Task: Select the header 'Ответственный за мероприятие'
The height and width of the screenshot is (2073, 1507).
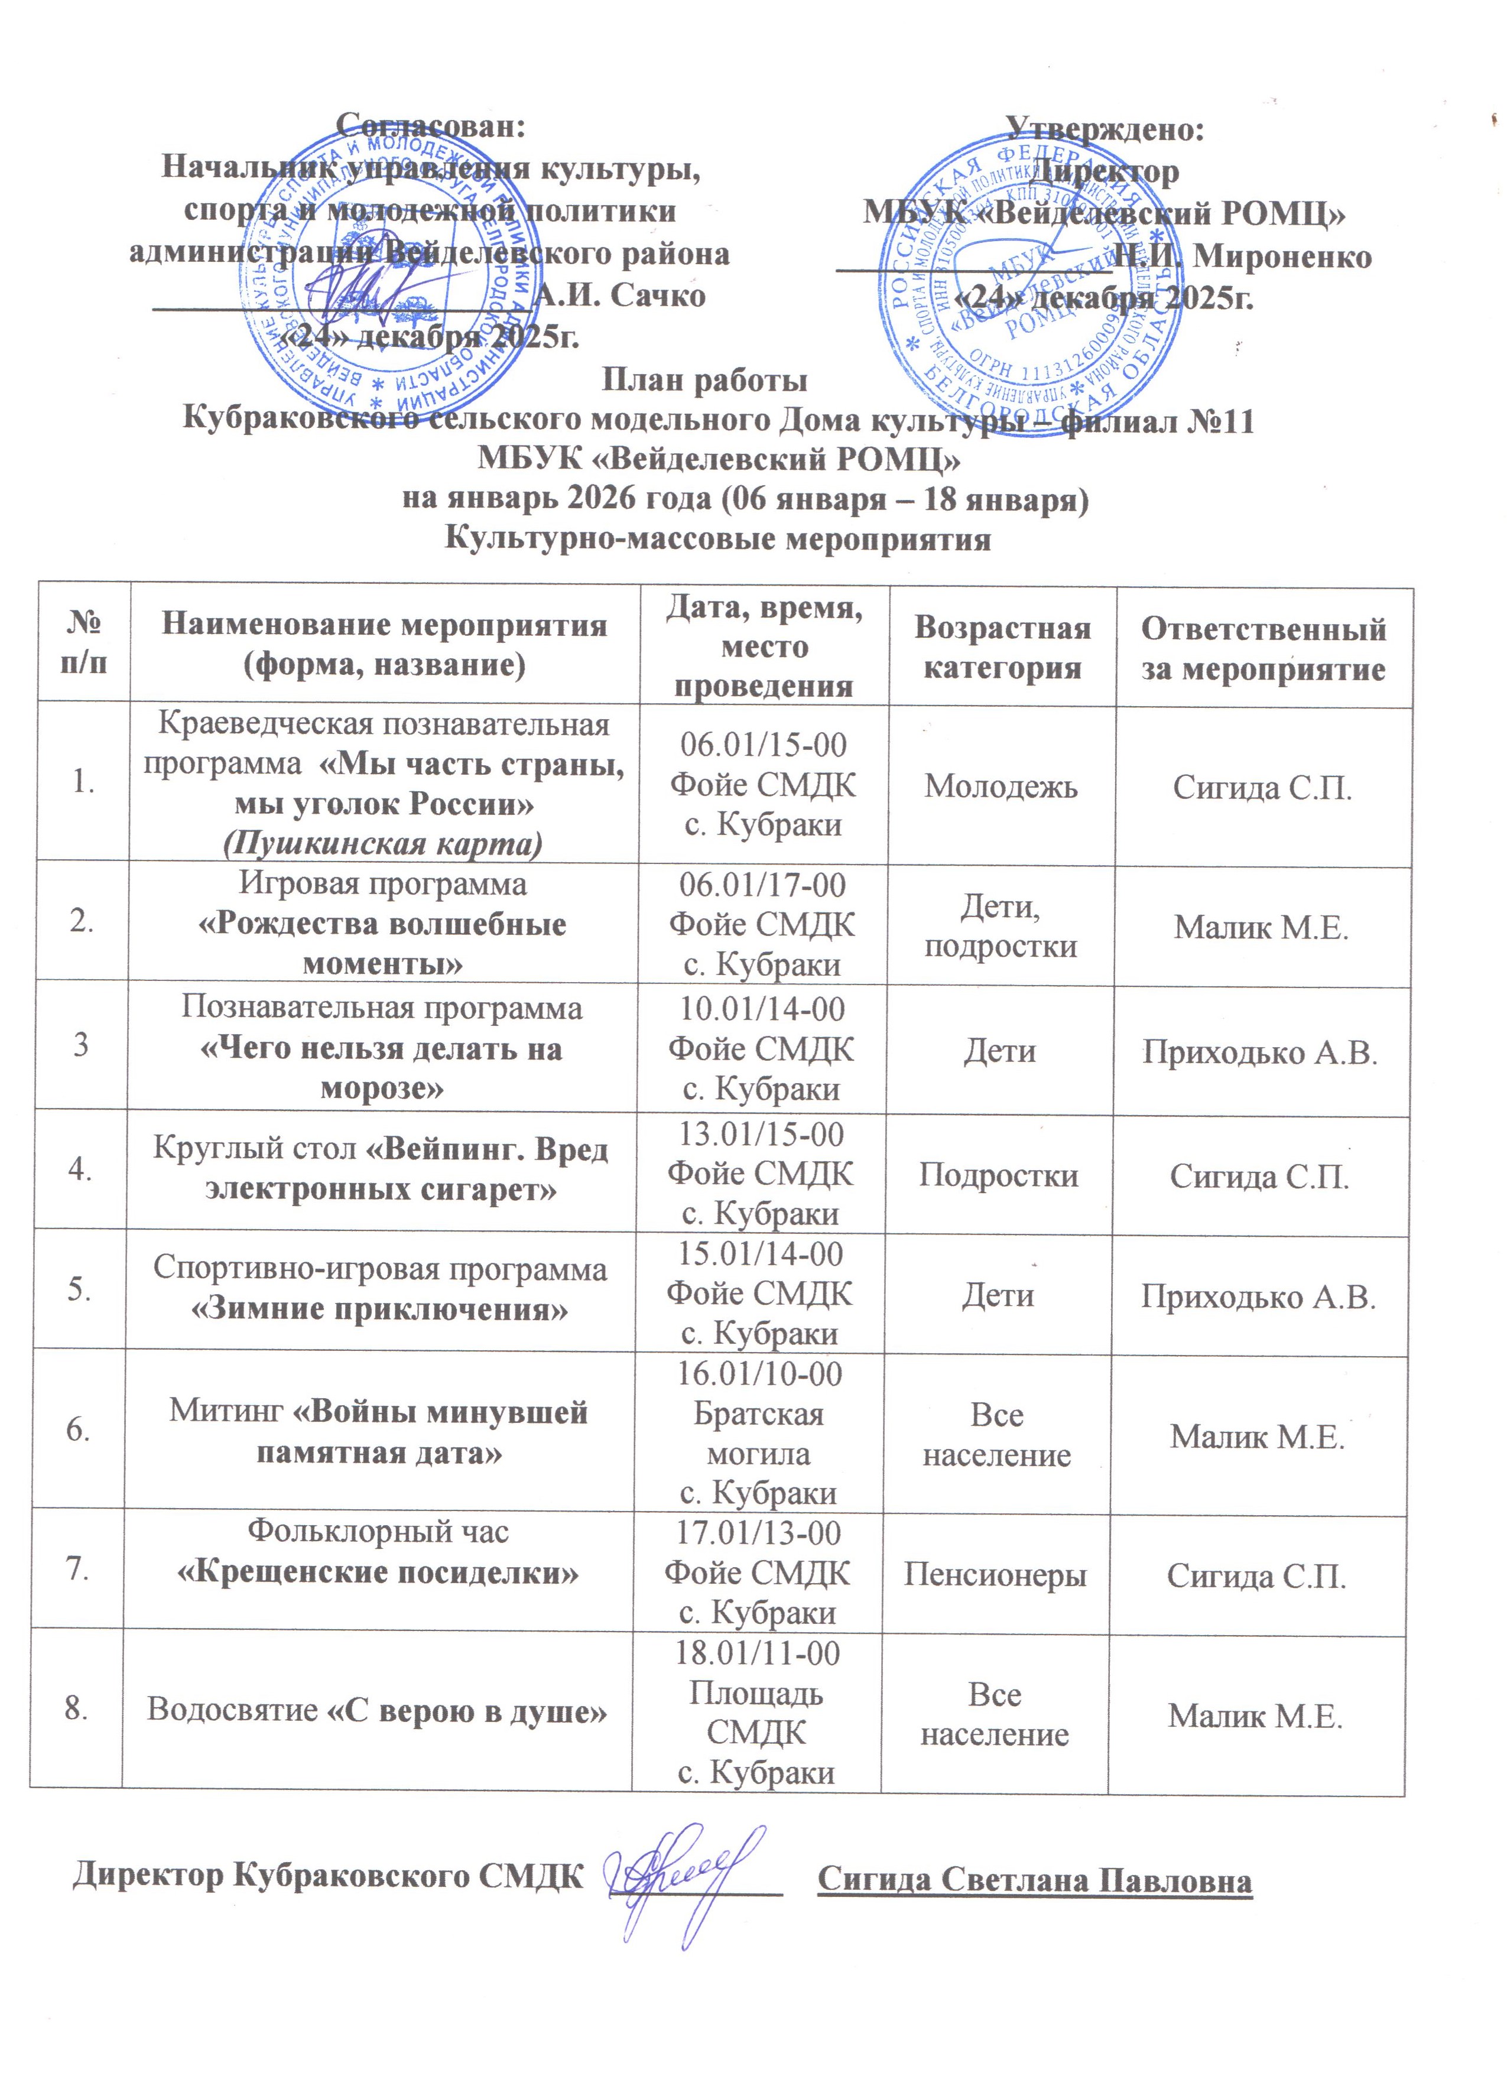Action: (x=1263, y=648)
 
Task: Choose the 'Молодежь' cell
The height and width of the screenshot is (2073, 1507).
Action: (x=1001, y=786)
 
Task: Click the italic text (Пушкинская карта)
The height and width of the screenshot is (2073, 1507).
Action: (x=383, y=843)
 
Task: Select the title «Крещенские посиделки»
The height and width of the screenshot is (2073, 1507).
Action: (x=378, y=1572)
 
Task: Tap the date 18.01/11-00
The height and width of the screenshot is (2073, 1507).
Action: (x=758, y=1653)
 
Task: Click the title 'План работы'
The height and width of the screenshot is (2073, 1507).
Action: (x=704, y=379)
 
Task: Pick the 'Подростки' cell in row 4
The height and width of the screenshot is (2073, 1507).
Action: (x=998, y=1175)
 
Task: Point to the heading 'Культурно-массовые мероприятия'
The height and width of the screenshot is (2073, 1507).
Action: (x=717, y=540)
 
